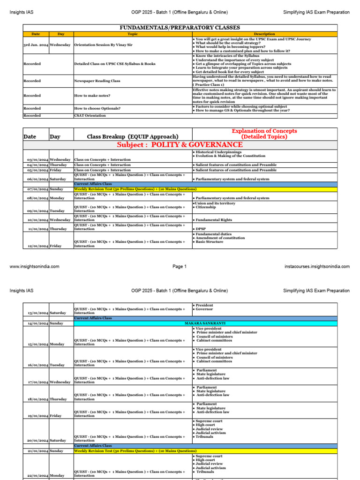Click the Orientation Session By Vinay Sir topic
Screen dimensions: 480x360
[105, 45]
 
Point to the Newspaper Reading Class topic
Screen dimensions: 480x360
[97, 81]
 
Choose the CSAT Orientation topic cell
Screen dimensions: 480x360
[90, 115]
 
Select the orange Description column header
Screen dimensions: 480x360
[264, 34]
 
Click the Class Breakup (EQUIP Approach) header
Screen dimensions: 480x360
[133, 136]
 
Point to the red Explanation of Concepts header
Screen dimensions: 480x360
[265, 134]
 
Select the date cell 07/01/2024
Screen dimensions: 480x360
[36, 189]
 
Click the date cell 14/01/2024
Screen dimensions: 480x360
[36, 323]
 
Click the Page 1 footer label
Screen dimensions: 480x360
[180, 267]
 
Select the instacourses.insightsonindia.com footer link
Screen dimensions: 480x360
[317, 267]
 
